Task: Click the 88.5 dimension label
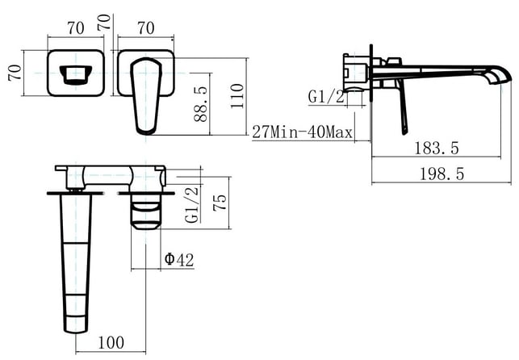[201, 104]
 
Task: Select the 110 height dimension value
[237, 96]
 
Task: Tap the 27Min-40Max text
[302, 132]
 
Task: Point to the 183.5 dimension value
[437, 148]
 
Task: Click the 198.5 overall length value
[442, 174]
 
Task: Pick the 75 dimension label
[220, 202]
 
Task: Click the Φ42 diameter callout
[179, 259]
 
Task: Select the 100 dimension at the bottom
[111, 342]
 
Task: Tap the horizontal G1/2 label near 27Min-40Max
[326, 97]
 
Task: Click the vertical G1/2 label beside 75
[192, 204]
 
